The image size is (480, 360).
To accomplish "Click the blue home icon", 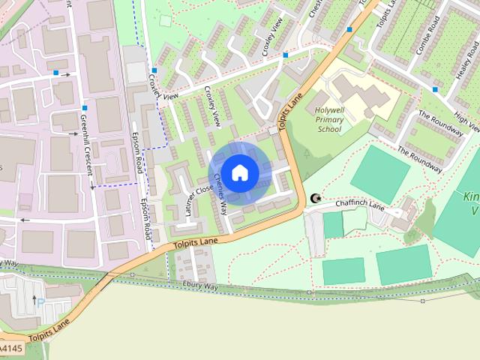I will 239,173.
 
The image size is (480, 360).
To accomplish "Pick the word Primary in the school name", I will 329,119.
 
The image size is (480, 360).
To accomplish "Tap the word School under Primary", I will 329,129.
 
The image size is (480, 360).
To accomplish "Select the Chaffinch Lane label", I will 361,203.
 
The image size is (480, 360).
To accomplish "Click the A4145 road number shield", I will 10,349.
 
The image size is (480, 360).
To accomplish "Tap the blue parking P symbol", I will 40,304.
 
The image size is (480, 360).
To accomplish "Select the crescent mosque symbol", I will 315,199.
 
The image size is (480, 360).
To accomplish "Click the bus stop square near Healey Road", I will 434,90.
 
